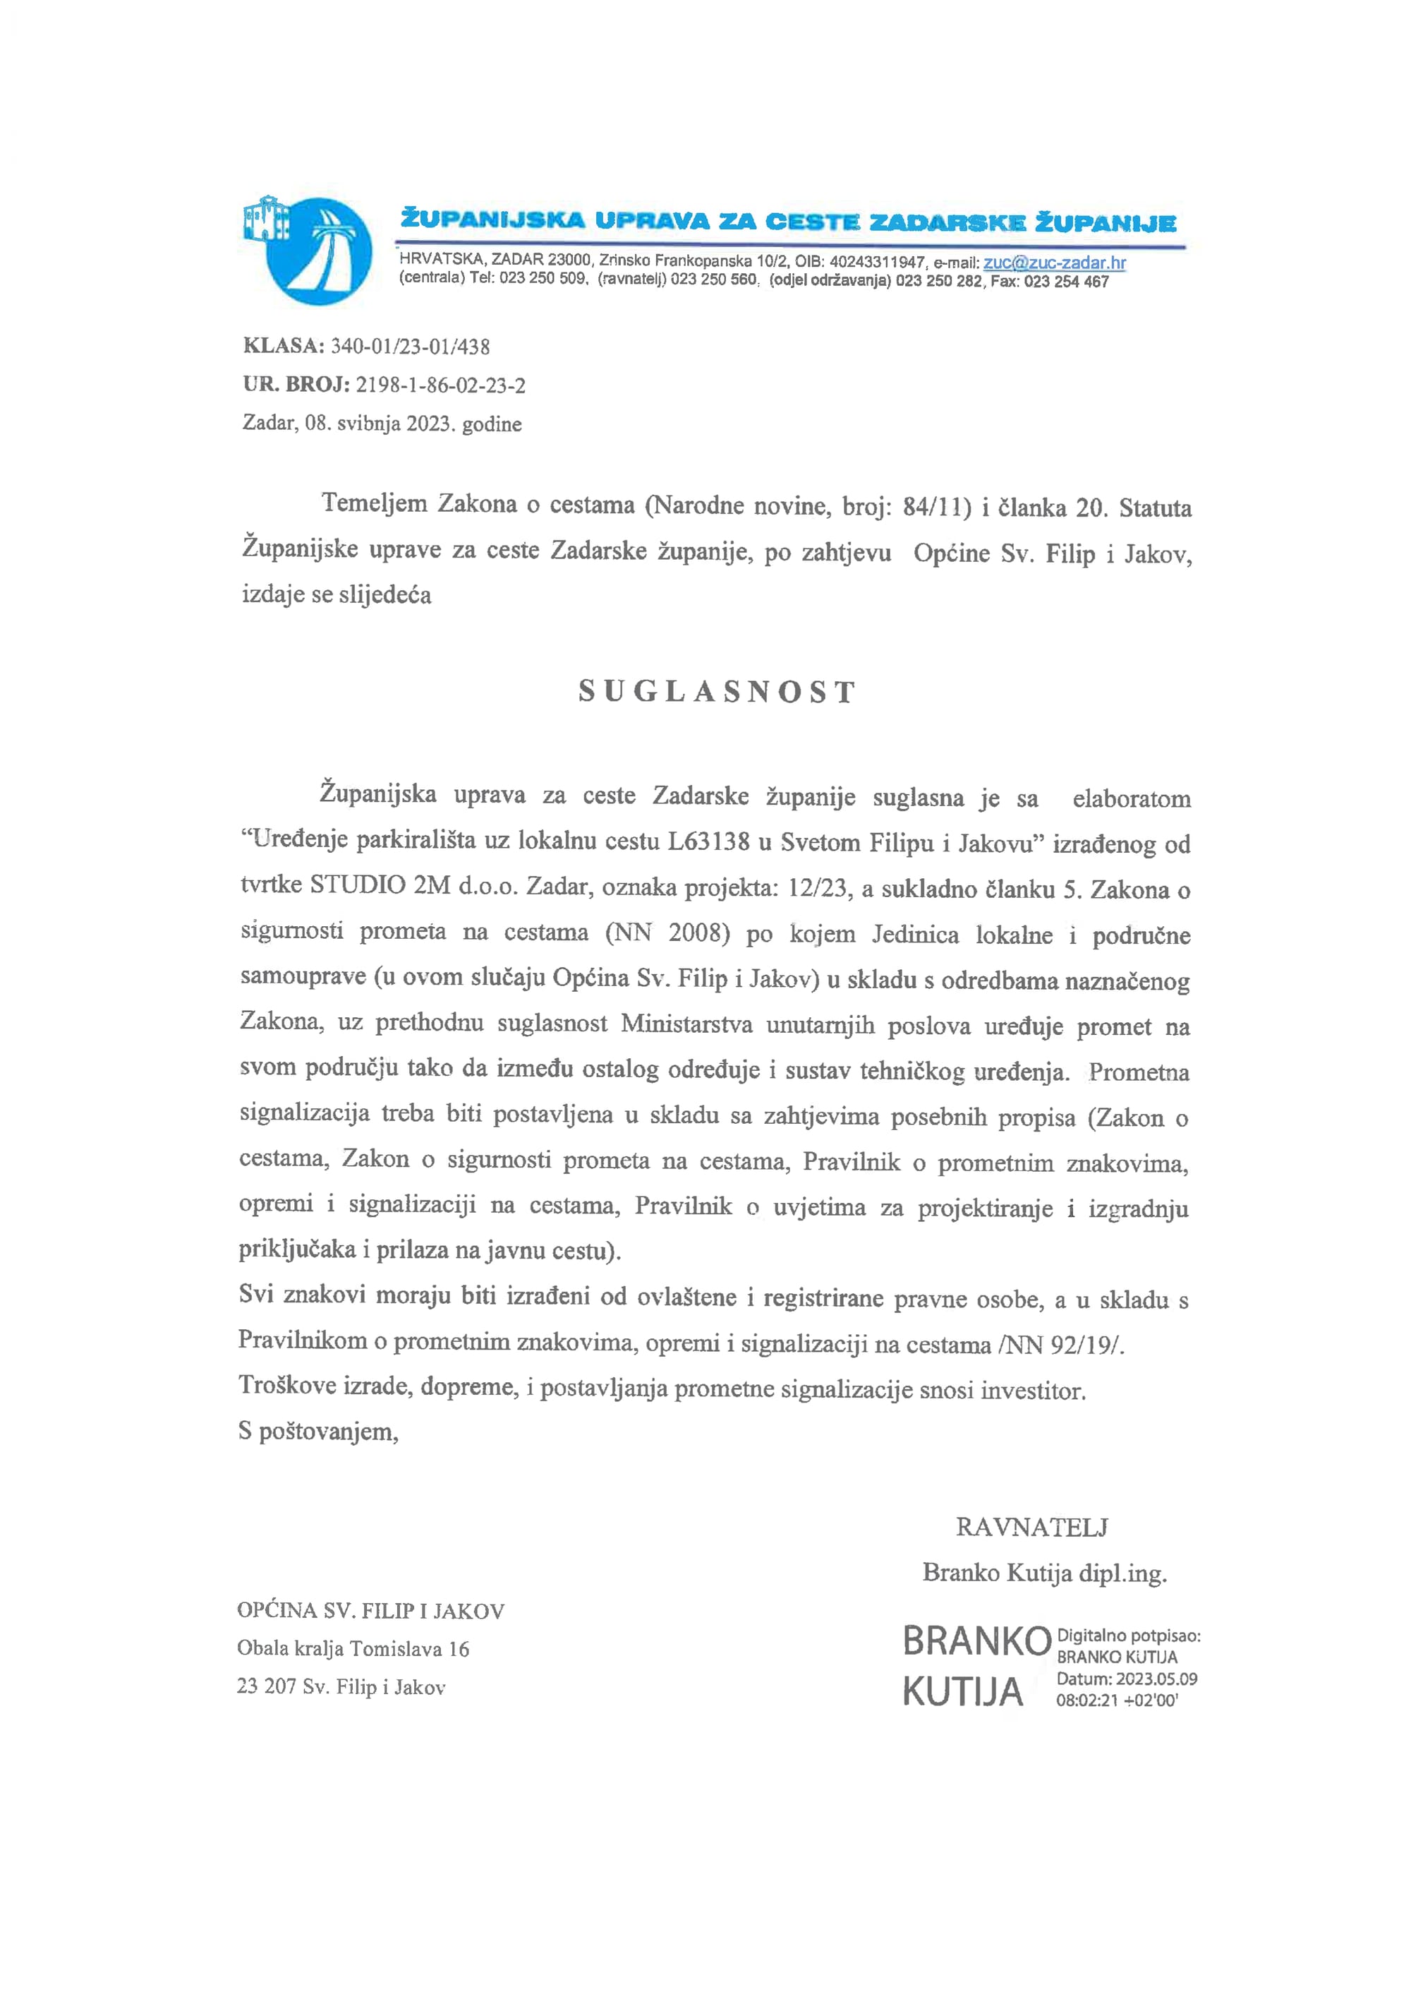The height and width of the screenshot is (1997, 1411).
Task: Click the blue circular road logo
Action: (318, 251)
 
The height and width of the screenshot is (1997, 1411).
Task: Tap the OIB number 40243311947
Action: (877, 263)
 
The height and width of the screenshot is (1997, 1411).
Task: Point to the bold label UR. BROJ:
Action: (296, 385)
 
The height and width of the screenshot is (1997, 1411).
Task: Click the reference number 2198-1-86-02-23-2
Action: (440, 385)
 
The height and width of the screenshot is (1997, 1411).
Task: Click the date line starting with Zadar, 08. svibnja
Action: (382, 424)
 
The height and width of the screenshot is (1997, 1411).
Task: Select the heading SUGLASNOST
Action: (717, 692)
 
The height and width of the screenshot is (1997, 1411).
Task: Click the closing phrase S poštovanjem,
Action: (318, 1432)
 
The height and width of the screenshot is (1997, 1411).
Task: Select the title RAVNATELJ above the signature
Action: (1032, 1528)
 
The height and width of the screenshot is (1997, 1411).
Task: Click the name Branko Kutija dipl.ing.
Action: (1044, 1573)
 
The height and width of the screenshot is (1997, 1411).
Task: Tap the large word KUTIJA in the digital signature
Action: (963, 1693)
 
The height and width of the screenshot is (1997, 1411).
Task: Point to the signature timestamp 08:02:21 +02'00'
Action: (1116, 1701)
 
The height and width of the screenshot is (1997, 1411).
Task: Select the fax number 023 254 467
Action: (1066, 282)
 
